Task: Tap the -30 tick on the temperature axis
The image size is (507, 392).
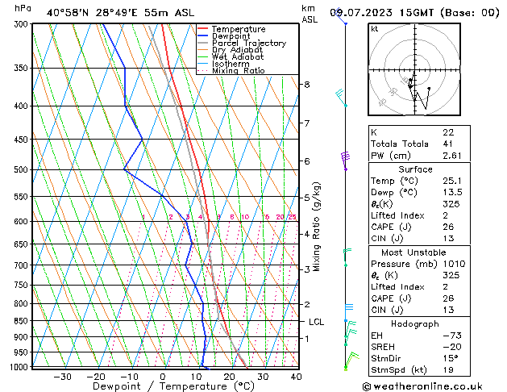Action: pyautogui.click(x=62, y=376)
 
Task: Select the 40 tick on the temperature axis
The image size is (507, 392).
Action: pyautogui.click(x=296, y=376)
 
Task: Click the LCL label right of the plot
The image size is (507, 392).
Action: pyautogui.click(x=317, y=322)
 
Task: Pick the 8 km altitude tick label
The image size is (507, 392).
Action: pyautogui.click(x=306, y=85)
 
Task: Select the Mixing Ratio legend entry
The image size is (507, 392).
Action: pyautogui.click(x=238, y=71)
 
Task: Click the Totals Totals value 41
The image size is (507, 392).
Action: pyautogui.click(x=448, y=144)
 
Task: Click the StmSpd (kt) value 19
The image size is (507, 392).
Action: pyautogui.click(x=448, y=370)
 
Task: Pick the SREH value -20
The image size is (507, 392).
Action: pyautogui.click(x=450, y=346)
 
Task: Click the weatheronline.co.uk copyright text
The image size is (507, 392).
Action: pyautogui.click(x=433, y=386)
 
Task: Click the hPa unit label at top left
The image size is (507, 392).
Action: pyautogui.click(x=23, y=8)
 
